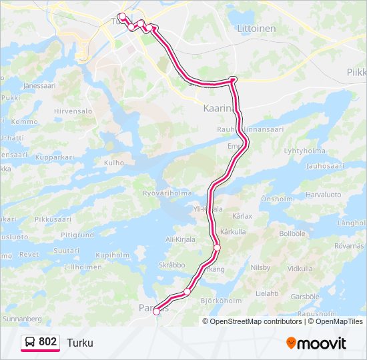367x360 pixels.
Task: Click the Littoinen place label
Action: pyautogui.click(x=256, y=29)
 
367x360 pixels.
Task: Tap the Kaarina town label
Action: pyautogui.click(x=218, y=107)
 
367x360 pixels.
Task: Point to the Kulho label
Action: pyautogui.click(x=114, y=163)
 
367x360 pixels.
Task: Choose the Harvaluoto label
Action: pyautogui.click(x=323, y=195)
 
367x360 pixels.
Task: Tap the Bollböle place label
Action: pyautogui.click(x=292, y=234)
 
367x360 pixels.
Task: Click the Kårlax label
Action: pyautogui.click(x=242, y=216)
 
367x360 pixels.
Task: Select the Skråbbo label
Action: pyautogui.click(x=171, y=265)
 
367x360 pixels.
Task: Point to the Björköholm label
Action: pyautogui.click(x=220, y=301)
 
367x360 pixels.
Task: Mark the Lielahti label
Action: pyautogui.click(x=267, y=293)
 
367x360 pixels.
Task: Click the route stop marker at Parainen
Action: pyautogui.click(x=156, y=311)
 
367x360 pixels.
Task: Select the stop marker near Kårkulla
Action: pyautogui.click(x=217, y=248)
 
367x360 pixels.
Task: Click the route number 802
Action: pyautogui.click(x=47, y=342)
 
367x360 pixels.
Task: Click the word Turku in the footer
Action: pyautogui.click(x=80, y=343)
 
